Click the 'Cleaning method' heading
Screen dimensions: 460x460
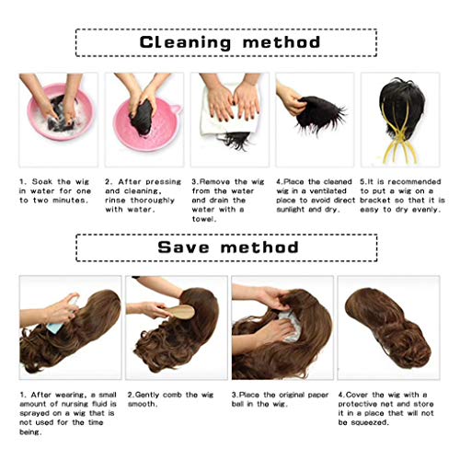[229, 42]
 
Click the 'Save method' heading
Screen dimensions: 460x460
[229, 247]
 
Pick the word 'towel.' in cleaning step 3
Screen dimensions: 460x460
[208, 219]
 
